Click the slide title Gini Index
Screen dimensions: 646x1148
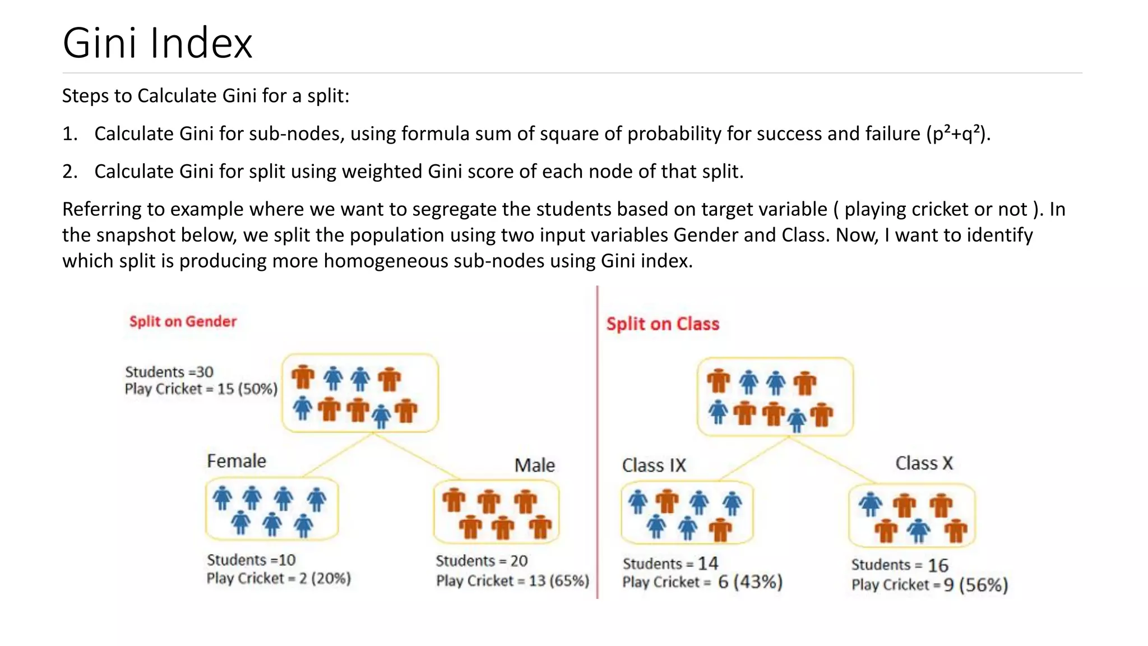pos(158,43)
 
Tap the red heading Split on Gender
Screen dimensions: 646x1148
pos(183,321)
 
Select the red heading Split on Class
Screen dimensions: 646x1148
pos(663,324)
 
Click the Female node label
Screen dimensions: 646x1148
pos(237,461)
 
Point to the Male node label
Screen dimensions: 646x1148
pos(535,465)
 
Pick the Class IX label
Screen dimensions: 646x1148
pos(654,465)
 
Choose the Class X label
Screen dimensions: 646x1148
pos(924,463)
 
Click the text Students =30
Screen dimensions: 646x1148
pos(169,372)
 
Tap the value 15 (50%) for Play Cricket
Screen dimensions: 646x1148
pos(247,389)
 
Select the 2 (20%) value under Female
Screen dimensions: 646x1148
pos(325,578)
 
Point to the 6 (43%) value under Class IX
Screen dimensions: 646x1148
pos(750,582)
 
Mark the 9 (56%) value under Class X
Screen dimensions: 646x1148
pos(975,585)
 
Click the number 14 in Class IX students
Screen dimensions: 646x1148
pos(708,563)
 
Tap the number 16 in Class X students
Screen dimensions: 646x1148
pos(938,565)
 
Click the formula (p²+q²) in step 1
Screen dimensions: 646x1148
pos(957,134)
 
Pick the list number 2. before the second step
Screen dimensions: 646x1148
pos(70,172)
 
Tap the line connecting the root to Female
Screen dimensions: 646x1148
pos(339,455)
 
